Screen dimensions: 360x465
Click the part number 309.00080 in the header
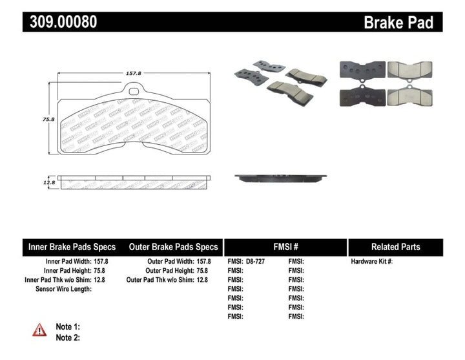[x=63, y=21]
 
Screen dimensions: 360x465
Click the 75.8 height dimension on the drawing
[x=46, y=119]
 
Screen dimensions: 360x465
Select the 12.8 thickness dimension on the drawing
[x=47, y=183]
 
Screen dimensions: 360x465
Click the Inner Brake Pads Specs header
[x=72, y=247]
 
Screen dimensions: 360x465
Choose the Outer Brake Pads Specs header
[x=173, y=247]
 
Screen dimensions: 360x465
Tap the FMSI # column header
[x=285, y=247]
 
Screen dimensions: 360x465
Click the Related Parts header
[x=395, y=247]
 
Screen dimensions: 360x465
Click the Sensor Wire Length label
[x=63, y=289]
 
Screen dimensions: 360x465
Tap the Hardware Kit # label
[x=372, y=262]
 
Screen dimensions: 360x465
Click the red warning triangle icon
[x=39, y=330]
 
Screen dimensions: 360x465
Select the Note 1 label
[x=68, y=327]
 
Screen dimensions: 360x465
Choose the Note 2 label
[x=68, y=337]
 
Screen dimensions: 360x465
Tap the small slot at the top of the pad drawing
[x=134, y=90]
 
